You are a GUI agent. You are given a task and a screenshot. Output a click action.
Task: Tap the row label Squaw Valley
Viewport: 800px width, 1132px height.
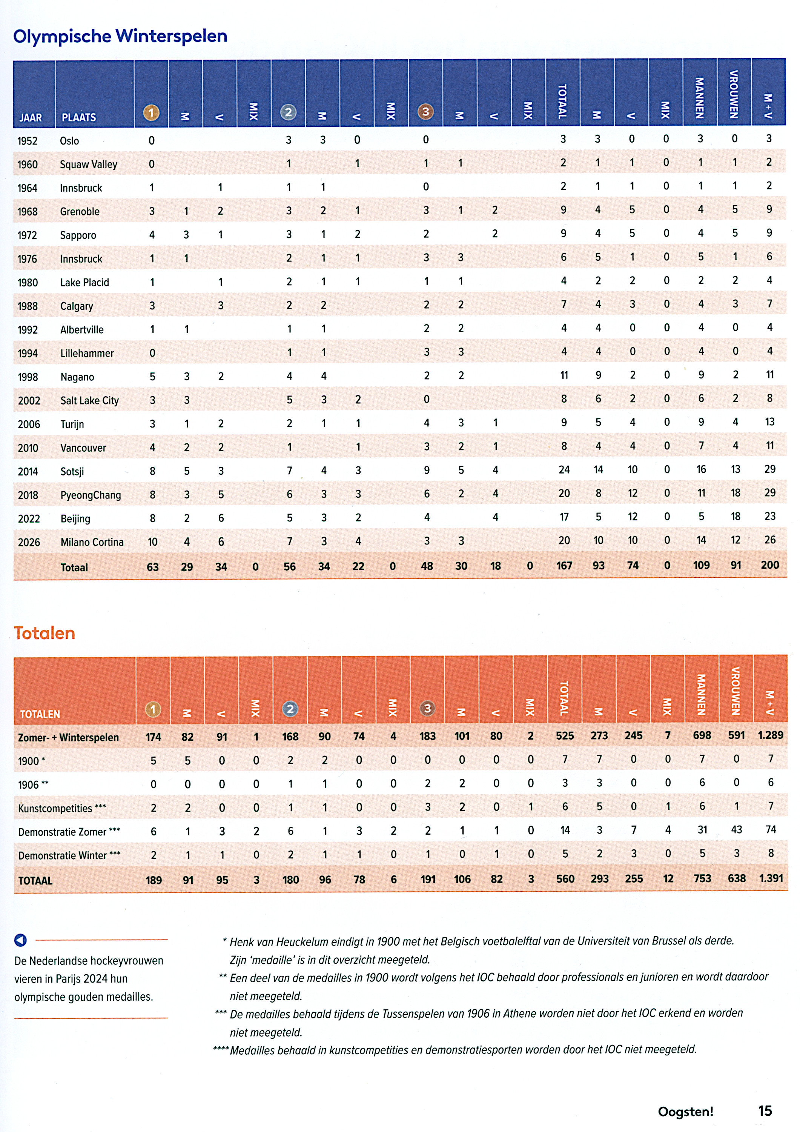coord(89,165)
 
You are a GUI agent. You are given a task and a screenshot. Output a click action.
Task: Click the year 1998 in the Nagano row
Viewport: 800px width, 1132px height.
coord(28,377)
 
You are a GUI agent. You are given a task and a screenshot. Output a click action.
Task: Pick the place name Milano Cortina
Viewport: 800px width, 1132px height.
coord(92,542)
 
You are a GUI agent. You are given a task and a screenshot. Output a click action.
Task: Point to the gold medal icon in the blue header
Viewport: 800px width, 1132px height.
coord(151,113)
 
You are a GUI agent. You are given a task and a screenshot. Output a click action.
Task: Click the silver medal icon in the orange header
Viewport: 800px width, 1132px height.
coord(290,709)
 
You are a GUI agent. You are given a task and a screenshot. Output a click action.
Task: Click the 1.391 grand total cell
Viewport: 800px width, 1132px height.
coord(771,878)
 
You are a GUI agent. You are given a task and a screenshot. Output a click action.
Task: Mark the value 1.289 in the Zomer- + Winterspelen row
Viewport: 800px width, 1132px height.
coord(771,735)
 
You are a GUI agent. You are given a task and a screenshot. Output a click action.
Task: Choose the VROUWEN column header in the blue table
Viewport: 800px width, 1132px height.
coord(734,94)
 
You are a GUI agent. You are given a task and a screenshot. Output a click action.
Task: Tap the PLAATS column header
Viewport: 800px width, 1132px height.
coord(79,117)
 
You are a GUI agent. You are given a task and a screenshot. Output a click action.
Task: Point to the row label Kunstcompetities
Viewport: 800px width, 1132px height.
coord(55,809)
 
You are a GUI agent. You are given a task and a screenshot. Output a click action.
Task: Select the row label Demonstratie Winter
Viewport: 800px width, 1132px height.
coord(63,855)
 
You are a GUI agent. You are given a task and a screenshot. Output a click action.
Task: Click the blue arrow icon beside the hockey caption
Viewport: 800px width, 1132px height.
coord(21,940)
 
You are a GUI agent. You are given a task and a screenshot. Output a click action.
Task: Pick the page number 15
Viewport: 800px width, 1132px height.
coord(765,1111)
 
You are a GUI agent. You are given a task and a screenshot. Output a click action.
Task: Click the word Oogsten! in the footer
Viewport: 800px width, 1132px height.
coord(686,1112)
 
